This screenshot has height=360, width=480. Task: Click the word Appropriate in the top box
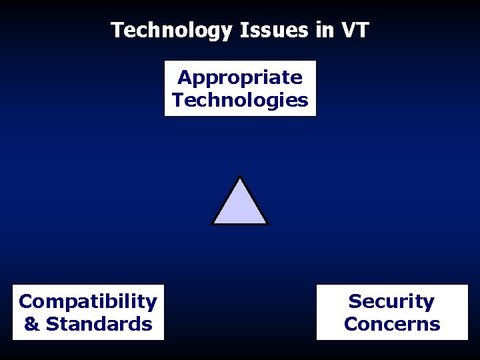[240, 78]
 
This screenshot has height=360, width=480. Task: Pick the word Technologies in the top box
[240, 101]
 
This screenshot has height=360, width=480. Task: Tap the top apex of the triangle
[240, 177]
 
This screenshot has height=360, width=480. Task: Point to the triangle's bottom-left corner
[213, 223]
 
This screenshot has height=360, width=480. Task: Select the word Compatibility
[88, 301]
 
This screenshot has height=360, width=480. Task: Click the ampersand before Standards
[31, 325]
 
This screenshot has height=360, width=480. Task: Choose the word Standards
[99, 325]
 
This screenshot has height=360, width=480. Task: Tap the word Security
[391, 301]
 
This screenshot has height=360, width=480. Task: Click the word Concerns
[392, 325]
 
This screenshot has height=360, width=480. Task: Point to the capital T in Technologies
[178, 101]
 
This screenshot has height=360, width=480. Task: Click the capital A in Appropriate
[184, 77]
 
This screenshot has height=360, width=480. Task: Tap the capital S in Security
[355, 301]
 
